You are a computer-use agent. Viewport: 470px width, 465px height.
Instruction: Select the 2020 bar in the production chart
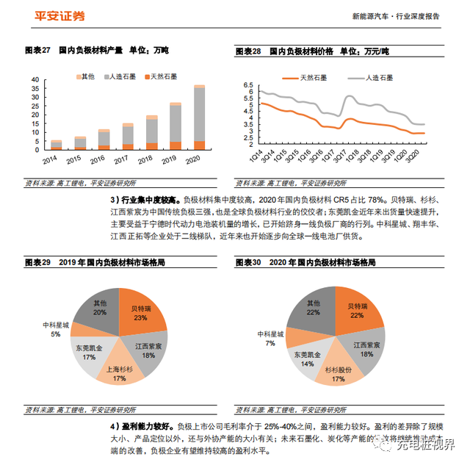pyautogui.click(x=199, y=118)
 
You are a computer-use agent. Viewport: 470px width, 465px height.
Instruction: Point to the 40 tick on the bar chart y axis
pyautogui.click(x=35, y=79)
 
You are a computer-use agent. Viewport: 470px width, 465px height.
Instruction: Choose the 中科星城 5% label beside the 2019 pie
pyautogui.click(x=55, y=328)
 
